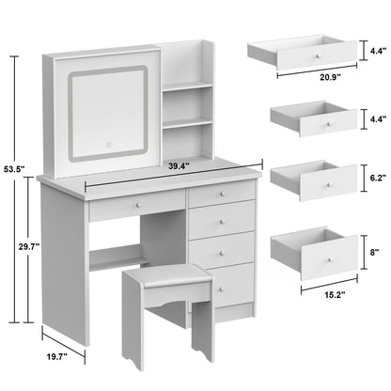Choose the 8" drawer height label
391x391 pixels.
(x=376, y=251)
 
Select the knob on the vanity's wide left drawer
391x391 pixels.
(x=136, y=203)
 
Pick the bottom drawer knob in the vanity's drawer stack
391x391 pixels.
(x=227, y=282)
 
